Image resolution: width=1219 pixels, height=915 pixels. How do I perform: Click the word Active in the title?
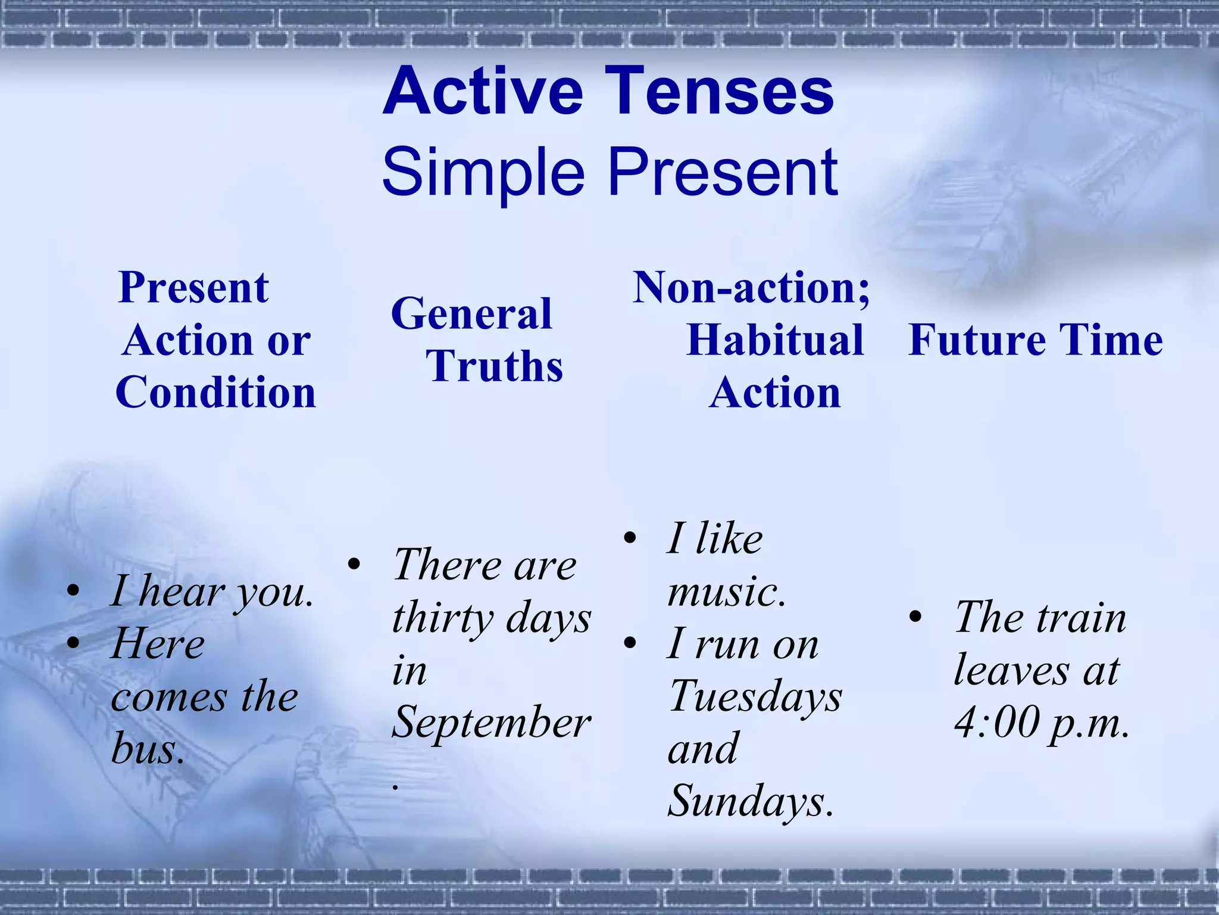[x=483, y=92]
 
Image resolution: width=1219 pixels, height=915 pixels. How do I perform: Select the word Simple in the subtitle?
[x=483, y=173]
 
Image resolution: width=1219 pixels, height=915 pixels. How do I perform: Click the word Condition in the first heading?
[x=215, y=393]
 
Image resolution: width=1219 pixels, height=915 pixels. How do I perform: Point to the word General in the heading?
[x=471, y=314]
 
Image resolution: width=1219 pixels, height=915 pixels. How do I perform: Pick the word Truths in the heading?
[x=494, y=366]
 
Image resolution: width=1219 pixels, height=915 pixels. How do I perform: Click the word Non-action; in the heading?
[x=751, y=288]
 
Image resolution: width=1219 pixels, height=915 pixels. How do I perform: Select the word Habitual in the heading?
[x=774, y=340]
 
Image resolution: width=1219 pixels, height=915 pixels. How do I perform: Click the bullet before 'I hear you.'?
[x=73, y=592]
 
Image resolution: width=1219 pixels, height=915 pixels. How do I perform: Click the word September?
[x=491, y=723]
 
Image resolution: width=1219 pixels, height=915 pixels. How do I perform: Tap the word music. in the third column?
[x=726, y=592]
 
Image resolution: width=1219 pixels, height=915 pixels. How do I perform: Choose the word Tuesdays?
[x=755, y=696]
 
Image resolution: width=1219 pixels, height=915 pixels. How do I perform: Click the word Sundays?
[x=750, y=801]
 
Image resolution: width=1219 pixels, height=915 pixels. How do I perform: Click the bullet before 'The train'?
[x=915, y=618]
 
